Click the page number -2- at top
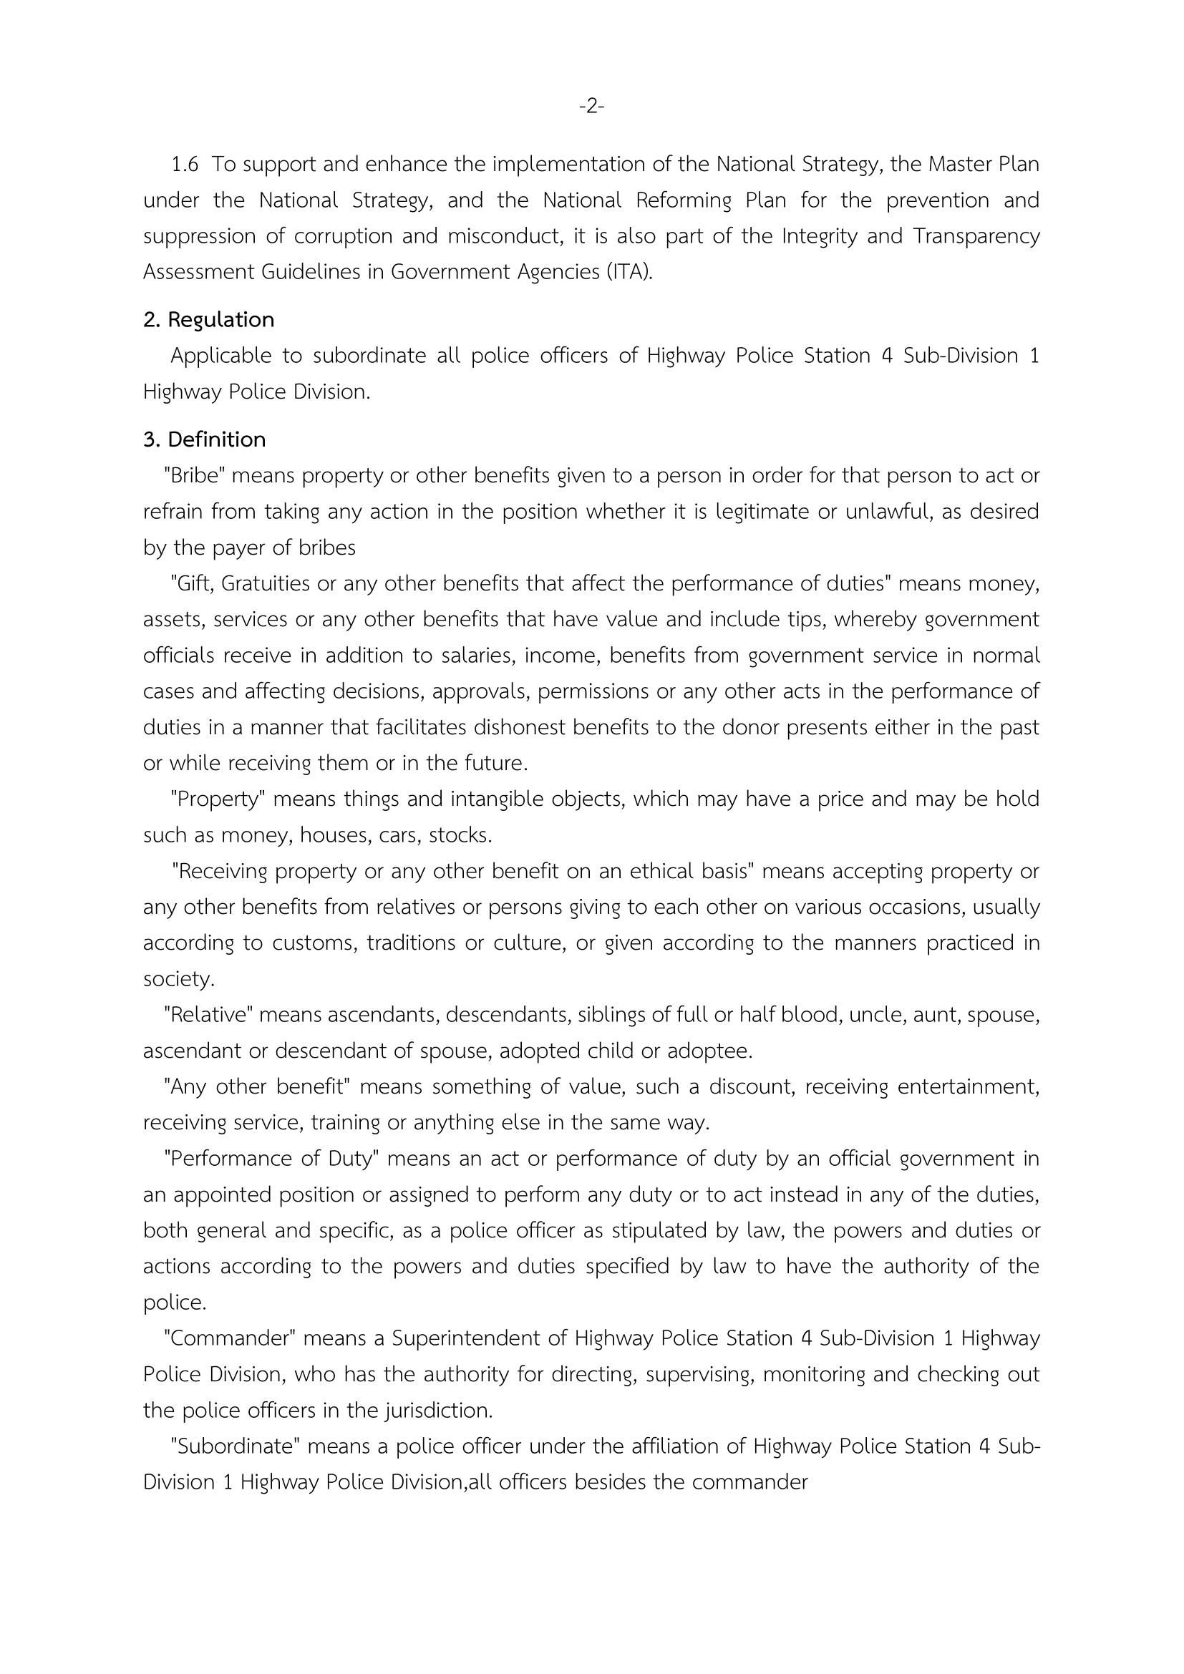point(591,107)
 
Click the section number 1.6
point(185,165)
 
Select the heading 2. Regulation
point(208,319)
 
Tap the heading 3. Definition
point(204,439)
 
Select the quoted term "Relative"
point(208,1014)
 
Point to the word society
point(179,978)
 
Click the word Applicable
point(221,356)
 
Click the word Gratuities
point(280,583)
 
